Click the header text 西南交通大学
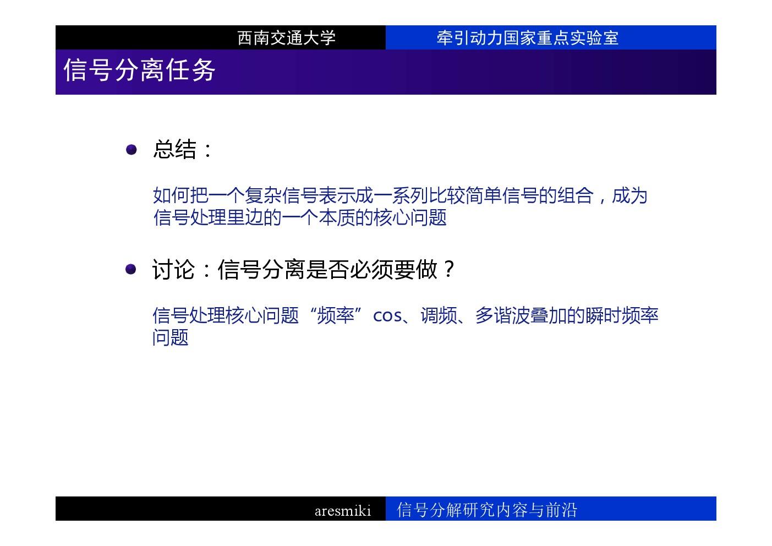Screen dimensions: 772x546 click(x=286, y=37)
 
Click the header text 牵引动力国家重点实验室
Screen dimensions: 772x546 click(x=527, y=37)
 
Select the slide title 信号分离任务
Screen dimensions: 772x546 click(x=139, y=70)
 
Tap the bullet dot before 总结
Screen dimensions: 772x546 click(x=132, y=150)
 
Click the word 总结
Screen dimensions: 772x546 click(x=175, y=150)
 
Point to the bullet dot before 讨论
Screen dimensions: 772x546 click(x=130, y=269)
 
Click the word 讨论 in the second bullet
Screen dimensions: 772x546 click(x=174, y=269)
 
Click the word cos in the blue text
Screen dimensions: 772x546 click(x=387, y=316)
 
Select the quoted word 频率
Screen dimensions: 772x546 click(x=335, y=315)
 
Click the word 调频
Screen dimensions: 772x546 click(x=439, y=315)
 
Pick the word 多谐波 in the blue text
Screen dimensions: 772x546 click(x=502, y=315)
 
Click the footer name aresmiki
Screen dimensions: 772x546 click(x=343, y=510)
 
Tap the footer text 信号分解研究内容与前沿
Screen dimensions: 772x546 click(x=486, y=510)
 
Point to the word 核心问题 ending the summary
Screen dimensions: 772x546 click(x=410, y=217)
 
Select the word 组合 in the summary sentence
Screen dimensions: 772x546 click(x=575, y=195)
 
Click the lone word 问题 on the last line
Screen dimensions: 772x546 click(x=170, y=337)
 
